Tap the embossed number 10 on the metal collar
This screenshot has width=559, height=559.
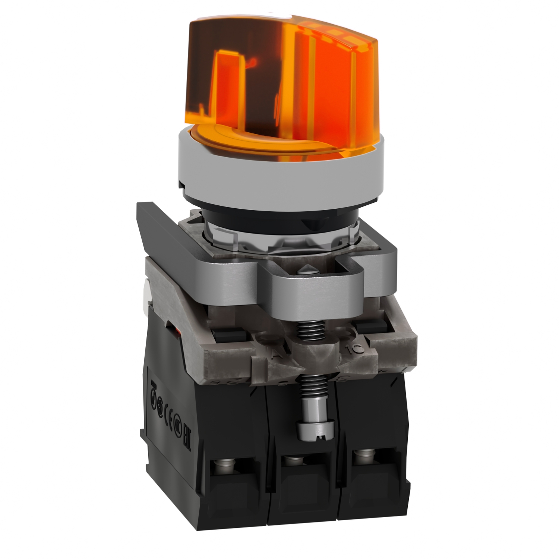pyautogui.click(x=351, y=349)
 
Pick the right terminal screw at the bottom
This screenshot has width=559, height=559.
pyautogui.click(x=360, y=456)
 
